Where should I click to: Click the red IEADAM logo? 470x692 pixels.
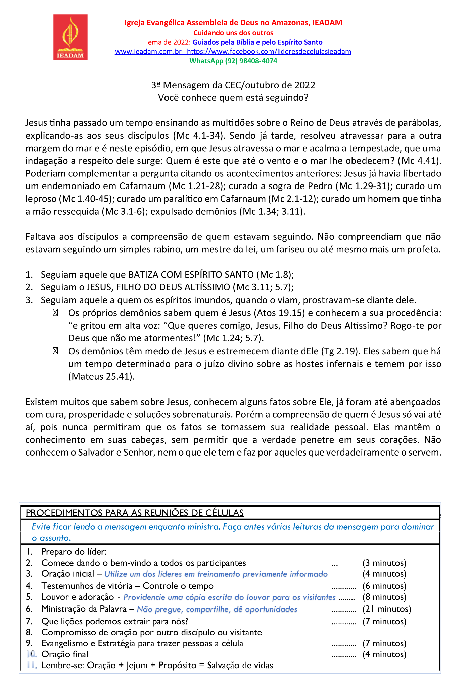[70, 37]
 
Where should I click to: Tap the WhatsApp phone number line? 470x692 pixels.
[233, 61]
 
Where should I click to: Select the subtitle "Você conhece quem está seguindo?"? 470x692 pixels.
[233, 98]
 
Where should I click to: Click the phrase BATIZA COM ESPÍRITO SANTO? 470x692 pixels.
[191, 275]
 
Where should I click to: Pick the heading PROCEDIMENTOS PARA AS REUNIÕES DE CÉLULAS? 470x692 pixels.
[135, 513]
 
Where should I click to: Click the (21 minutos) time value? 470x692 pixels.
[387, 609]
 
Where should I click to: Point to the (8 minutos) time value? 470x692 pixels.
[384, 597]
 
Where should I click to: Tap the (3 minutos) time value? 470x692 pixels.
[384, 563]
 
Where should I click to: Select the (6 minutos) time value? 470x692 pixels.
[384, 586]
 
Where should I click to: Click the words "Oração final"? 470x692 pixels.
[65, 654]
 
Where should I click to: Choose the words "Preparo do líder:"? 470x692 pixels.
[74, 552]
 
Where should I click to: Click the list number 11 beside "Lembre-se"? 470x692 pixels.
[32, 665]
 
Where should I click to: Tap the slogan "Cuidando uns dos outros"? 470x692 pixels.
[233, 33]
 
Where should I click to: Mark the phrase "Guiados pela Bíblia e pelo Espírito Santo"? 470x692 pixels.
[257, 42]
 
